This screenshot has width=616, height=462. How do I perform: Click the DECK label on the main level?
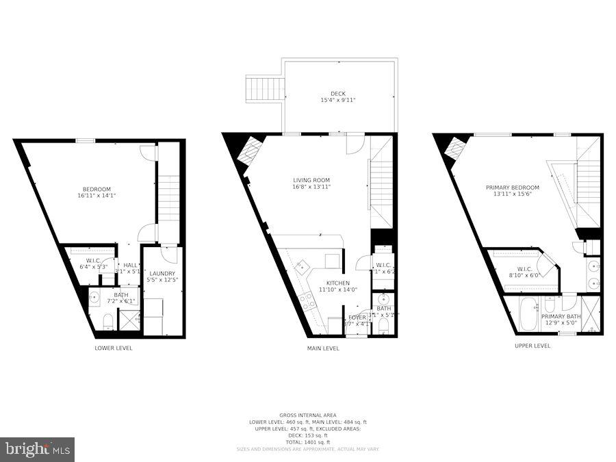pos(338,94)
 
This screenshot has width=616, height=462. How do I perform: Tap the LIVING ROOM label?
pos(311,181)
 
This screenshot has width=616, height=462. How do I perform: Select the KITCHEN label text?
pos(337,283)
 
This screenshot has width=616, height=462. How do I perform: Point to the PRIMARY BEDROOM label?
pos(512,188)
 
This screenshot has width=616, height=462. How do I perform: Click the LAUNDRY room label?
pos(162,273)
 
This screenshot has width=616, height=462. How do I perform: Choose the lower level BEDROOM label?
pos(97,190)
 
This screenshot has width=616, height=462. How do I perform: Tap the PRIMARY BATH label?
pos(561,316)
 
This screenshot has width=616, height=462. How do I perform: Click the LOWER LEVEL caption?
pos(114,348)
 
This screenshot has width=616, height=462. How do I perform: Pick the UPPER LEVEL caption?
pos(532,346)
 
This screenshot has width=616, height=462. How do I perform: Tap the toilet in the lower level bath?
pos(107,321)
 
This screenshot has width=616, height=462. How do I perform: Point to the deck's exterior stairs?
pos(264,90)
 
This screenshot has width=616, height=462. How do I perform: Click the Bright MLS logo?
pos(38,450)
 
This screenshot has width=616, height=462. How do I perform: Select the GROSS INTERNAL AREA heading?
pos(307,415)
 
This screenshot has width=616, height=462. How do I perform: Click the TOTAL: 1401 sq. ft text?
pos(307,441)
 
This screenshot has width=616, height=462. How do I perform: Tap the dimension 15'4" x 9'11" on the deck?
pos(338,101)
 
